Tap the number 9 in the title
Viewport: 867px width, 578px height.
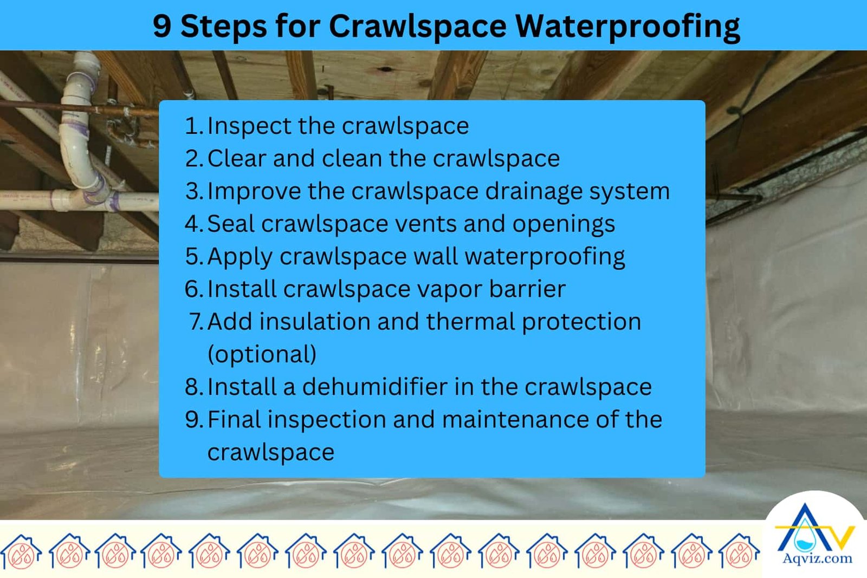click(161, 26)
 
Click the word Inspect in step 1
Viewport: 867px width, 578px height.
click(250, 126)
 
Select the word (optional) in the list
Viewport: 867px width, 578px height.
click(262, 355)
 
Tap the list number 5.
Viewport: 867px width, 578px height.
click(192, 257)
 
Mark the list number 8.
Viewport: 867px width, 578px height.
click(192, 387)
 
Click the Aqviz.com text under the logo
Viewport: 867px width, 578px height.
click(817, 558)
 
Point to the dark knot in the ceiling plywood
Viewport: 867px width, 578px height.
click(386, 69)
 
